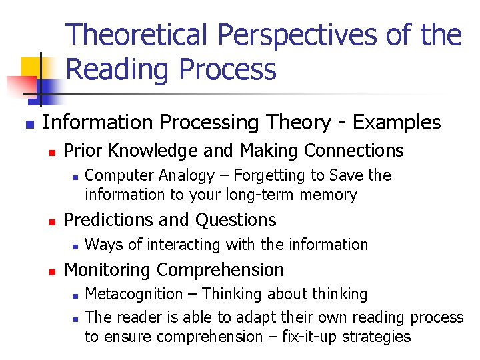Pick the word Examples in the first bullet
(x=397, y=123)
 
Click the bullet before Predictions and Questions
(x=52, y=221)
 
